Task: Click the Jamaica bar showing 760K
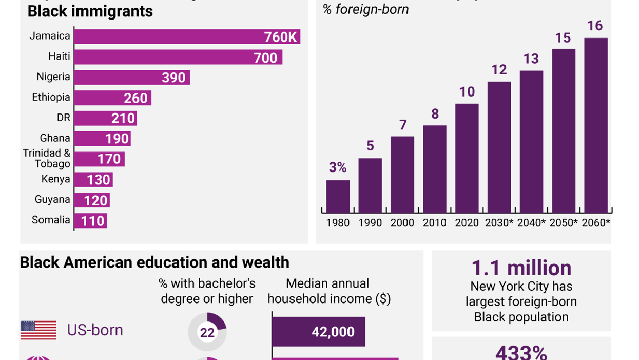pyautogui.click(x=187, y=36)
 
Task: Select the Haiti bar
pyautogui.click(x=178, y=57)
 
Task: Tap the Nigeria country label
pyautogui.click(x=53, y=77)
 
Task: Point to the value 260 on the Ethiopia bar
pyautogui.click(x=135, y=98)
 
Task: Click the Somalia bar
pyautogui.click(x=90, y=221)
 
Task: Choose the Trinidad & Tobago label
pyautogui.click(x=47, y=159)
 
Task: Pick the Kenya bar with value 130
pyautogui.click(x=93, y=180)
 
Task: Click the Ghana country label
pyautogui.click(x=55, y=138)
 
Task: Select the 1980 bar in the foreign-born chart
pyautogui.click(x=338, y=196)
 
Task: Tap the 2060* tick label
pyautogui.click(x=596, y=223)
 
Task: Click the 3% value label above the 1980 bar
pyautogui.click(x=338, y=167)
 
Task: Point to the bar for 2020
pyautogui.click(x=467, y=158)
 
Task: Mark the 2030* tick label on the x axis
pyautogui.click(x=499, y=223)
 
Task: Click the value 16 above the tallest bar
pyautogui.click(x=595, y=26)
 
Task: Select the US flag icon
pyautogui.click(x=38, y=330)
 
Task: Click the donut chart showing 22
pyautogui.click(x=207, y=332)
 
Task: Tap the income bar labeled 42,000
pyautogui.click(x=318, y=332)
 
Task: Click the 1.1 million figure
pyautogui.click(x=521, y=269)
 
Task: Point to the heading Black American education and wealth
pyautogui.click(x=154, y=262)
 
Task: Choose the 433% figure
pyautogui.click(x=521, y=353)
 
